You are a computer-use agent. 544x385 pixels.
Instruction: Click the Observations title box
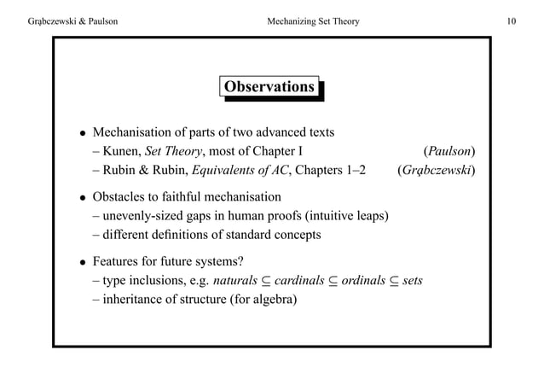click(269, 87)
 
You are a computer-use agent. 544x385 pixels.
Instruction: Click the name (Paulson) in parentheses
click(449, 153)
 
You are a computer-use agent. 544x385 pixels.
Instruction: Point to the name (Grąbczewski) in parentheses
click(436, 171)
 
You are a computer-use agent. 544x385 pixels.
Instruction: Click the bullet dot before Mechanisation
click(81, 134)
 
